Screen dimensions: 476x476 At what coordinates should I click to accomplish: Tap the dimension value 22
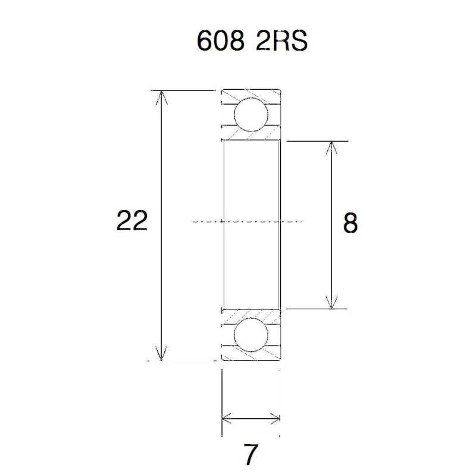(x=132, y=221)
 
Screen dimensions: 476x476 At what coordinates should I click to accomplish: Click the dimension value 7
(x=250, y=455)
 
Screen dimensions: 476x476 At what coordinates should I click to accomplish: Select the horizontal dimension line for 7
(x=250, y=418)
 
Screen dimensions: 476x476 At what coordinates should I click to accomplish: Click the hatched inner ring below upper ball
(x=250, y=136)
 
